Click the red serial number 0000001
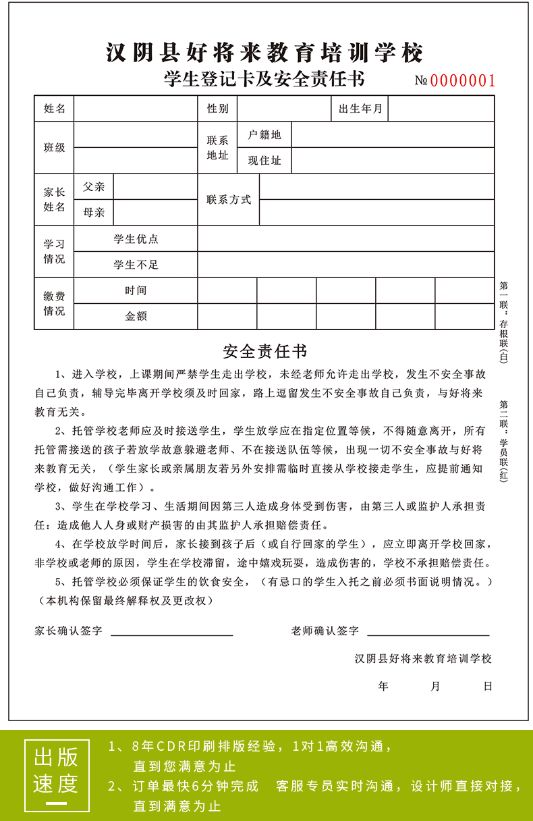(463, 81)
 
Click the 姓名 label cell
(55, 109)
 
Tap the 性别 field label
(217, 109)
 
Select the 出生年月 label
(360, 109)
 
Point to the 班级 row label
(55, 148)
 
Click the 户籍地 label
(264, 135)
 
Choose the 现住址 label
(264, 161)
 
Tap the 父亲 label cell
(94, 187)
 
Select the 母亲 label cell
(94, 213)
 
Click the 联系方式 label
(229, 200)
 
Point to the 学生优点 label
(136, 239)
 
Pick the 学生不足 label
(136, 265)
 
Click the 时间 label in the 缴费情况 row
(136, 290)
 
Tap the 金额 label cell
(136, 316)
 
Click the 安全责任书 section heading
(265, 352)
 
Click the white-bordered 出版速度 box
(56, 774)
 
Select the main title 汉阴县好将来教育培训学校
(265, 53)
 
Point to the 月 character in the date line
(435, 687)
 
